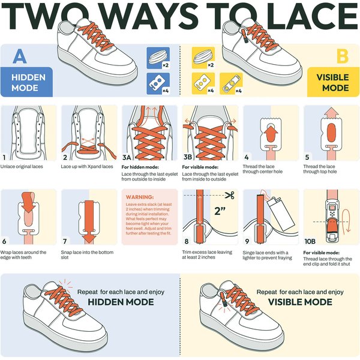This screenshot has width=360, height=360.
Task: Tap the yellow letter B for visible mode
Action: (343, 56)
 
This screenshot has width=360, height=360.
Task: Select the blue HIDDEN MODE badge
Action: (26, 82)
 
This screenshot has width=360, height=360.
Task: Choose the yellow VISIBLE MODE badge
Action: (333, 82)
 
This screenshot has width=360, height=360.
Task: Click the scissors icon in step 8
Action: (229, 196)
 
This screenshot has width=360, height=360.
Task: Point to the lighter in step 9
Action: (282, 211)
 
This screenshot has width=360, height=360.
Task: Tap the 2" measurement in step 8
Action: (220, 211)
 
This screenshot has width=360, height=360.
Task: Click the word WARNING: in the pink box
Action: (140, 197)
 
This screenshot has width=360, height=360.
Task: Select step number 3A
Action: (127, 157)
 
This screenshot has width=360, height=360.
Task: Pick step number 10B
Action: (310, 241)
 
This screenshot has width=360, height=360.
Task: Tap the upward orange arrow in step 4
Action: (271, 134)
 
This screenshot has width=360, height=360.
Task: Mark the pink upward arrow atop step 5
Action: (332, 113)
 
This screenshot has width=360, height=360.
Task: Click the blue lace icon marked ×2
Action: (158, 58)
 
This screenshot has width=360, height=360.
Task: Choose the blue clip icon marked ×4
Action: (158, 83)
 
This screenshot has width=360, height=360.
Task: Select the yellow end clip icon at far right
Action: (231, 83)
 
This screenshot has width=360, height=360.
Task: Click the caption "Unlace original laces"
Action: (22, 167)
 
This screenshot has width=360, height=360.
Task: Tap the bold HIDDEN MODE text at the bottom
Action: (121, 302)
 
